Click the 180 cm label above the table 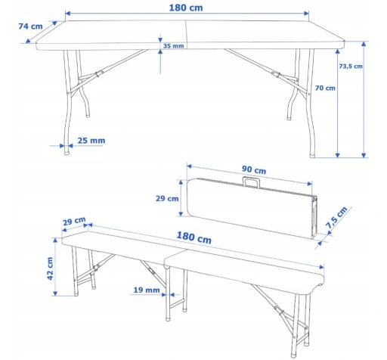pos(186,8)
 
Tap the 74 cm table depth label pos(30,26)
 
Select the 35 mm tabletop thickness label pos(173,46)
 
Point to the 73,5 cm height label pos(351,67)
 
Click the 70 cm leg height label pos(325,88)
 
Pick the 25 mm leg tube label pos(91,141)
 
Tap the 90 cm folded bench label pos(254,169)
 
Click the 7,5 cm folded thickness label pos(337,218)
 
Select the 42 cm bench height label pos(50,268)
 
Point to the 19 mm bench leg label pos(147,290)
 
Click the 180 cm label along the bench pos(193,237)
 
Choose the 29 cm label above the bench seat pos(74,221)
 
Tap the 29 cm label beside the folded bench pos(167,198)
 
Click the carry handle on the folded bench pos(251,182)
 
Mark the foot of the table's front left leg pos(67,152)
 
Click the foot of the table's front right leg pos(312,155)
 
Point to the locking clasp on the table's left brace pos(99,73)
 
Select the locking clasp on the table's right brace pos(276,74)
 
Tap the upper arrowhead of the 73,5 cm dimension pos(364,44)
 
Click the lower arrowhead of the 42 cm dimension pos(55,293)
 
